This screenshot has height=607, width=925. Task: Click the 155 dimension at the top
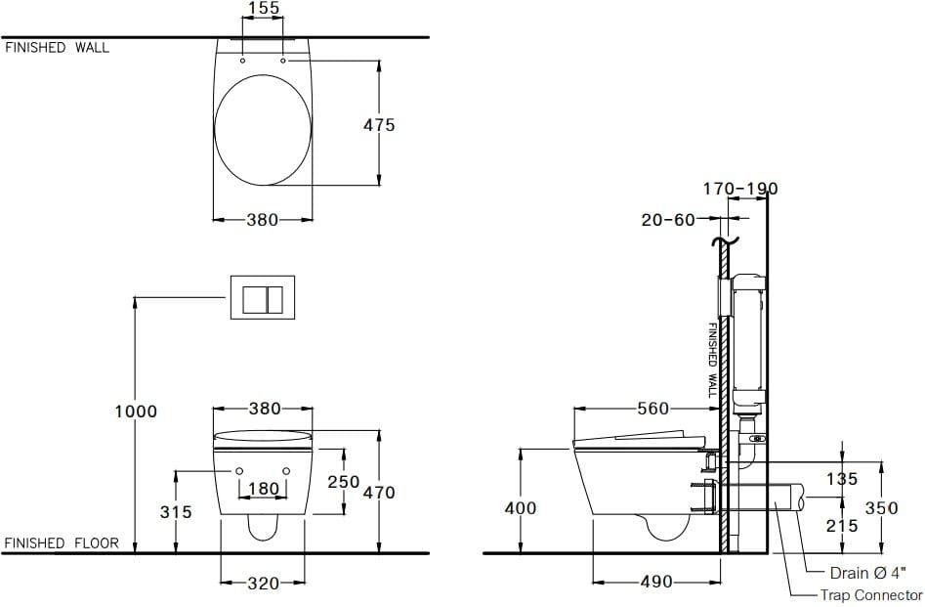coord(263,9)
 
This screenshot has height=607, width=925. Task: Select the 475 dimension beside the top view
coord(379,125)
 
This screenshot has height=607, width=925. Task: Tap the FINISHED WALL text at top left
coord(58,47)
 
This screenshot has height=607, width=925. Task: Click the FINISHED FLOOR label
coord(62,543)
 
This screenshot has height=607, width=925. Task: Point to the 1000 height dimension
coord(135,412)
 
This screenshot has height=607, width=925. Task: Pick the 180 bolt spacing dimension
coord(263,488)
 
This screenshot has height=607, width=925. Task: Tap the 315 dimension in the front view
coord(176,511)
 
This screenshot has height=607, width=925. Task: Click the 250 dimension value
coord(343,482)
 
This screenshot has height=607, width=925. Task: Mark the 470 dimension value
coord(379,493)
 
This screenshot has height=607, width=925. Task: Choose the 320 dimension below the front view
coord(263,583)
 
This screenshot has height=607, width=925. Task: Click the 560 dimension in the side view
coord(653,409)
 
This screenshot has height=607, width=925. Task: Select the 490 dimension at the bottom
coord(655,582)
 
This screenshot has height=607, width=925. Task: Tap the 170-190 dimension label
coord(740,189)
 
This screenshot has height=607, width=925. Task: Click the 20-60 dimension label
coord(667,220)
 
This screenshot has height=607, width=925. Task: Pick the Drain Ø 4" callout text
coord(868,573)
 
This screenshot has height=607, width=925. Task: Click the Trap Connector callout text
coord(870,595)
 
